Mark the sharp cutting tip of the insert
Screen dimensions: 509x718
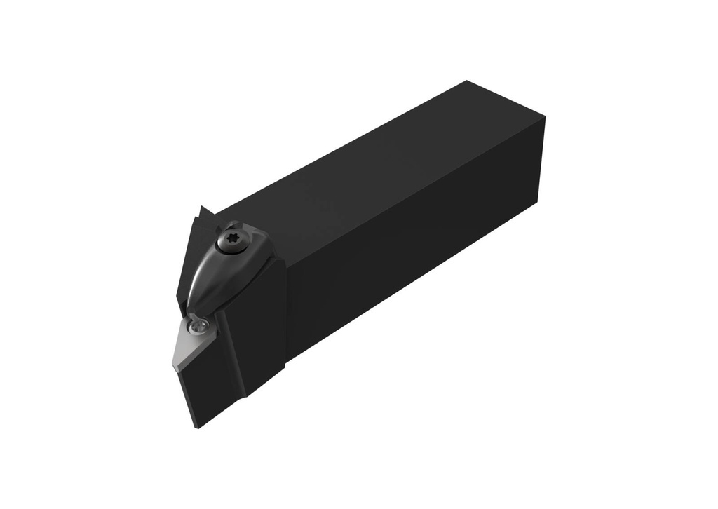click(174, 363)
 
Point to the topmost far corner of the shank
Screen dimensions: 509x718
click(466, 81)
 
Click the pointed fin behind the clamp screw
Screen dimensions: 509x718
click(202, 210)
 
